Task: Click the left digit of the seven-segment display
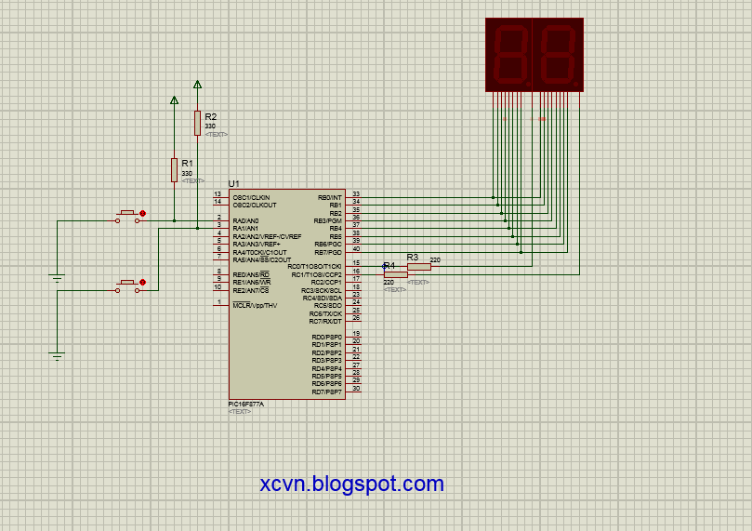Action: (x=509, y=54)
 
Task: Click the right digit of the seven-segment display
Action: (x=558, y=54)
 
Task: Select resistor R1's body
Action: (x=174, y=169)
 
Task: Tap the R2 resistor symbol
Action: (x=197, y=122)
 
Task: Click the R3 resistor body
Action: (x=419, y=266)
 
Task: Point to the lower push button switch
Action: (x=129, y=284)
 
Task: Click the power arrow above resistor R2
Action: (x=197, y=85)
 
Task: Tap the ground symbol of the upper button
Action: (x=58, y=278)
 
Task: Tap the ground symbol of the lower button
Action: (x=58, y=355)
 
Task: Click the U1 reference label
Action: (x=234, y=183)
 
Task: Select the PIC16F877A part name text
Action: (x=246, y=404)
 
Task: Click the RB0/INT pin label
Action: (x=329, y=197)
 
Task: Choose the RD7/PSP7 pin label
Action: (x=326, y=392)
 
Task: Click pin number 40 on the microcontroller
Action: (x=355, y=248)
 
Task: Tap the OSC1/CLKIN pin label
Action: (x=251, y=197)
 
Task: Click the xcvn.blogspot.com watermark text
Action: (x=352, y=484)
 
